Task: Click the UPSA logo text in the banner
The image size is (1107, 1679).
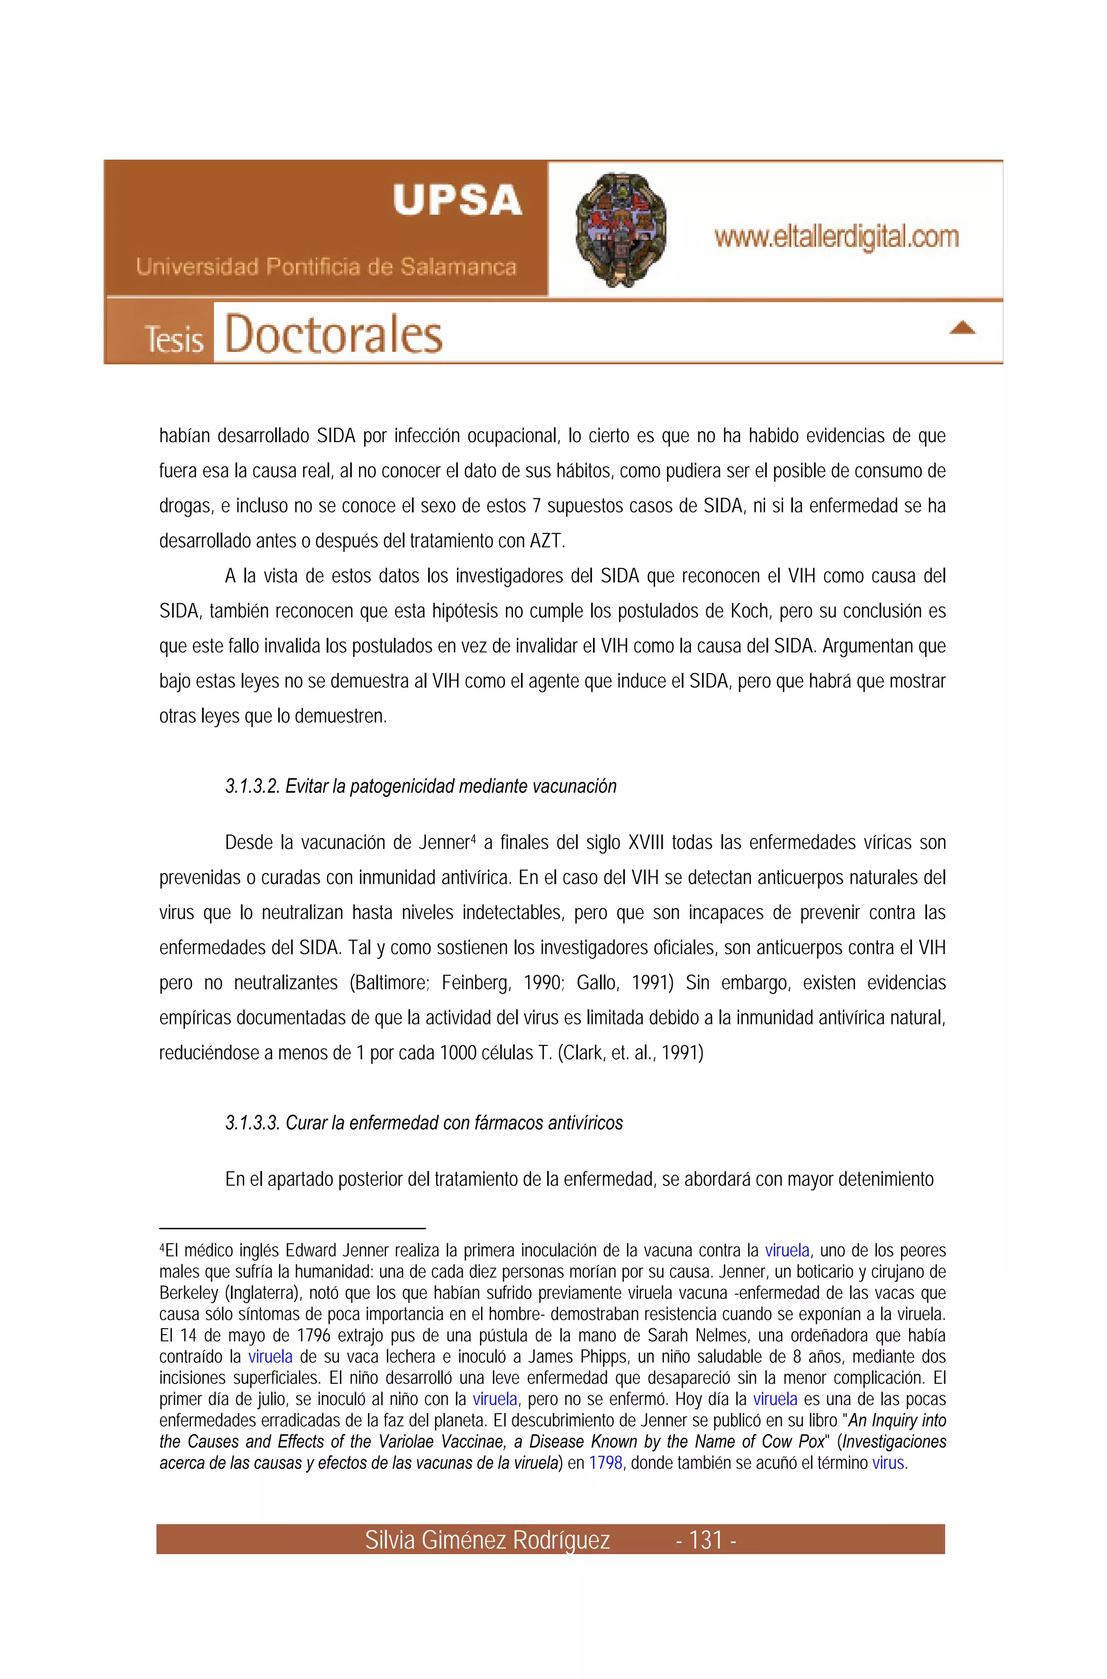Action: [x=457, y=200]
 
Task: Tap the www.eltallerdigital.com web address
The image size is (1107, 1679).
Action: [x=837, y=237]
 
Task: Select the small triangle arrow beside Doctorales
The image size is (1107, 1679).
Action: [x=962, y=328]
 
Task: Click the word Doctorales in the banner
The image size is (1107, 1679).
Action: [x=333, y=335]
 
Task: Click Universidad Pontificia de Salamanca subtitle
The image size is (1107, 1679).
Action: [x=325, y=267]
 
